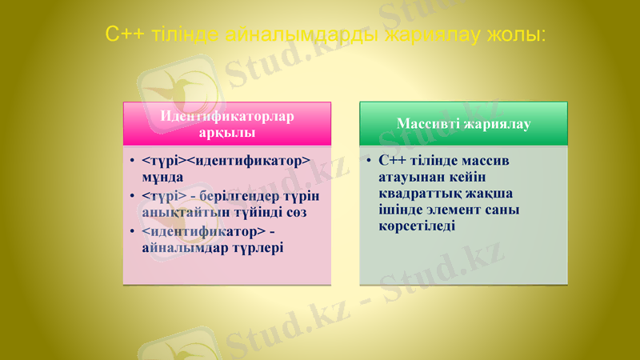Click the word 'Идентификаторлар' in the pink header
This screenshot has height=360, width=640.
coord(227,115)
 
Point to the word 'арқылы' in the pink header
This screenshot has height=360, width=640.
coord(227,130)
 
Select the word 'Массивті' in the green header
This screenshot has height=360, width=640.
coord(428,124)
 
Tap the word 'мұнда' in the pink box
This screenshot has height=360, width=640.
coord(162,176)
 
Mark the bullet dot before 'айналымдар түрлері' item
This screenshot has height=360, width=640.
coord(131,232)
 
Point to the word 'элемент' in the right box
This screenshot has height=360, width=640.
coord(453,210)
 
